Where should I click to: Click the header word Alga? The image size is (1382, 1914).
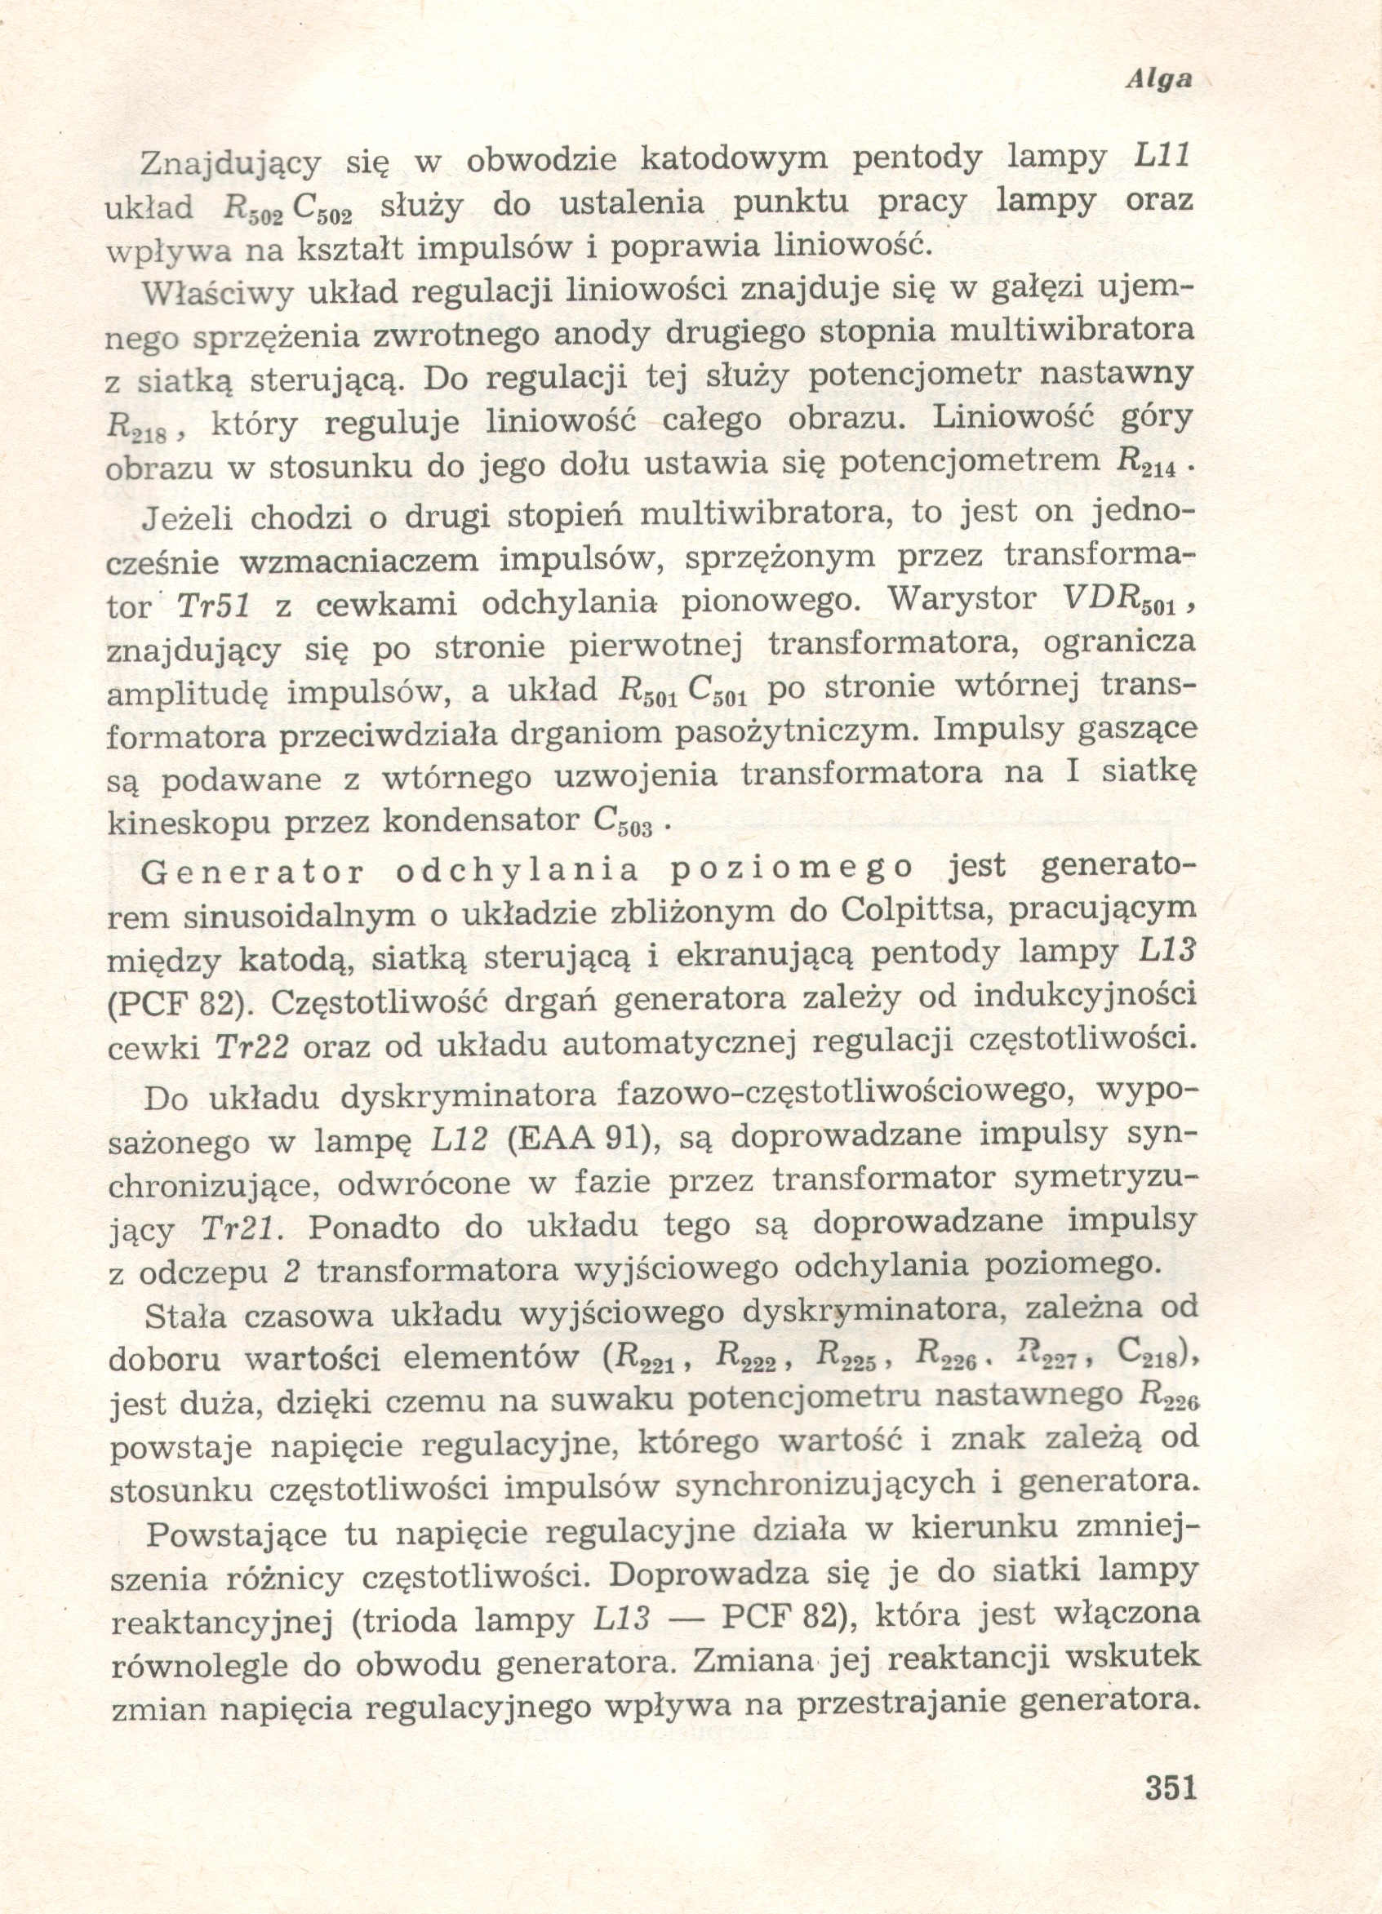tap(1159, 79)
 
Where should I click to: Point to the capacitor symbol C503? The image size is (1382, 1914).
tap(623, 823)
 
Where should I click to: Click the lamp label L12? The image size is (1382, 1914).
tap(460, 1139)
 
